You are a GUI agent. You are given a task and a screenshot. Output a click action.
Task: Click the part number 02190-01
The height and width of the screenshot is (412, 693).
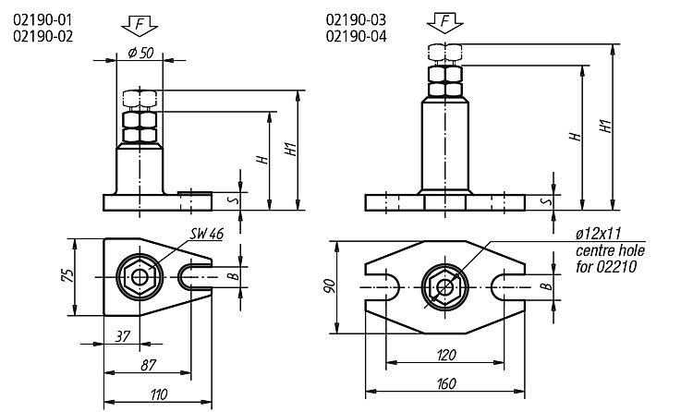point(43,20)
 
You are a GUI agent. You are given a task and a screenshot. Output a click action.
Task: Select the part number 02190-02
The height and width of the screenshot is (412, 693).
point(43,36)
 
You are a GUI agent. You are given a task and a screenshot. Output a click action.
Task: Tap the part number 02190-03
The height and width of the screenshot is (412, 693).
point(356,20)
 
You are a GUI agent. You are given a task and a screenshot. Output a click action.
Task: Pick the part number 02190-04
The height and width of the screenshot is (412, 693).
point(356,36)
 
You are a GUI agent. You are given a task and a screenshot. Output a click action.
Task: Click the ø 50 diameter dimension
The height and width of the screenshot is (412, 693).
point(140,53)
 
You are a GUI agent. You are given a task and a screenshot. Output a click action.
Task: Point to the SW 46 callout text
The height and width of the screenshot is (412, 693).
point(207,234)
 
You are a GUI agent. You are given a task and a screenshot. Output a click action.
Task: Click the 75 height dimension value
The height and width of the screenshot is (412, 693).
point(67,275)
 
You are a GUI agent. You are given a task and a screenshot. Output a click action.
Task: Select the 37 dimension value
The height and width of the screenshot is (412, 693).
point(122,336)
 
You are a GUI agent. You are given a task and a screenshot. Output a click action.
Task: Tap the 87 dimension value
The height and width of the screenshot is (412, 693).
point(149,365)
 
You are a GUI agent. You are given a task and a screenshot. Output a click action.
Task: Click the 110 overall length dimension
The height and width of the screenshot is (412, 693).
point(159,394)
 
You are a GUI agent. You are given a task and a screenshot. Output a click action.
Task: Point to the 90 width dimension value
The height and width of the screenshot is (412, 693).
point(330,286)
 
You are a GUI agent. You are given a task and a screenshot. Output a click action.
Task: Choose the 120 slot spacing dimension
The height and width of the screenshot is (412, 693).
point(446,355)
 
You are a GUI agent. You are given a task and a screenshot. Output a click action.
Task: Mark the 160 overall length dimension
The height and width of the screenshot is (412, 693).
point(446,383)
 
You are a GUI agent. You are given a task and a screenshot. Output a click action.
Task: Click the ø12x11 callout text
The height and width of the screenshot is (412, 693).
point(599,234)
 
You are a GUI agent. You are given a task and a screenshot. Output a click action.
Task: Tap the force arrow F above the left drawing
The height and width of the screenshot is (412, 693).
point(140,25)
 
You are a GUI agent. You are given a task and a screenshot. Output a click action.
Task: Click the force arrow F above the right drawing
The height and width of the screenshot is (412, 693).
point(445,23)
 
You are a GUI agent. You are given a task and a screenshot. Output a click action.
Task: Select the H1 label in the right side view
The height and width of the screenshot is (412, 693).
point(605,127)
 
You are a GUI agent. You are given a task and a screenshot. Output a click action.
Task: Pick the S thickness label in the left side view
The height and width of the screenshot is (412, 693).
point(235,200)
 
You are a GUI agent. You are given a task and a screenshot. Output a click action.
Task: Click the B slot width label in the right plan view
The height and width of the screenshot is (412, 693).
point(548,286)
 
